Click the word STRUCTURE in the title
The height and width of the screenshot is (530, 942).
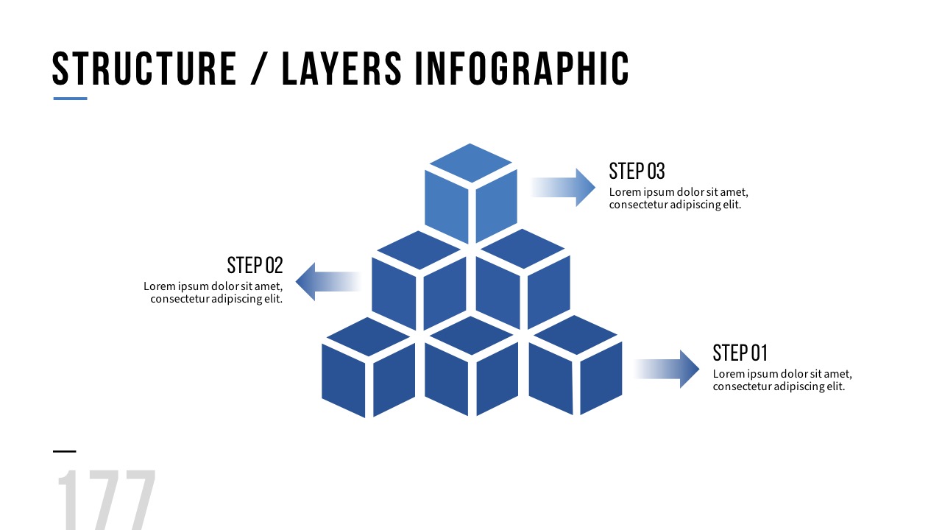(x=144, y=68)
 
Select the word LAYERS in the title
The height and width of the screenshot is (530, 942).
(x=342, y=68)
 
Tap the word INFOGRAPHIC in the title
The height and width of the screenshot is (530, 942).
(x=522, y=68)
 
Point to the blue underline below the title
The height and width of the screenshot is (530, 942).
(x=70, y=99)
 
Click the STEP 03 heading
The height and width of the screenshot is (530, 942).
(x=637, y=171)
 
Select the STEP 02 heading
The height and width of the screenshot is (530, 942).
(x=255, y=265)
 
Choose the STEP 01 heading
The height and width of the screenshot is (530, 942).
(x=740, y=353)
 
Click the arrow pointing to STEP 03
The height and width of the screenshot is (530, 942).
(x=563, y=187)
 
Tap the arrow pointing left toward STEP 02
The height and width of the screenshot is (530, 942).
(x=327, y=281)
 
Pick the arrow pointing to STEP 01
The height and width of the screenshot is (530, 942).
(x=666, y=369)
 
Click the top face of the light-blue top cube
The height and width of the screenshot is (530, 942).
(x=470, y=163)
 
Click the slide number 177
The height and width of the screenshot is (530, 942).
(x=106, y=501)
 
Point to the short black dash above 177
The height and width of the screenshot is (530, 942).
(x=64, y=451)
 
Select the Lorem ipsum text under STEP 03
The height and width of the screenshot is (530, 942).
(x=678, y=199)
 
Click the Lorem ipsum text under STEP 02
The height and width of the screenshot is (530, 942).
(x=213, y=292)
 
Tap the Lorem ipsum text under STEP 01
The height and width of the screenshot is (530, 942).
(x=782, y=380)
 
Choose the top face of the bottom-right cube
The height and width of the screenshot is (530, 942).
(x=575, y=335)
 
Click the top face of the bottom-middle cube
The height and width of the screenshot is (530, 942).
(x=471, y=336)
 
